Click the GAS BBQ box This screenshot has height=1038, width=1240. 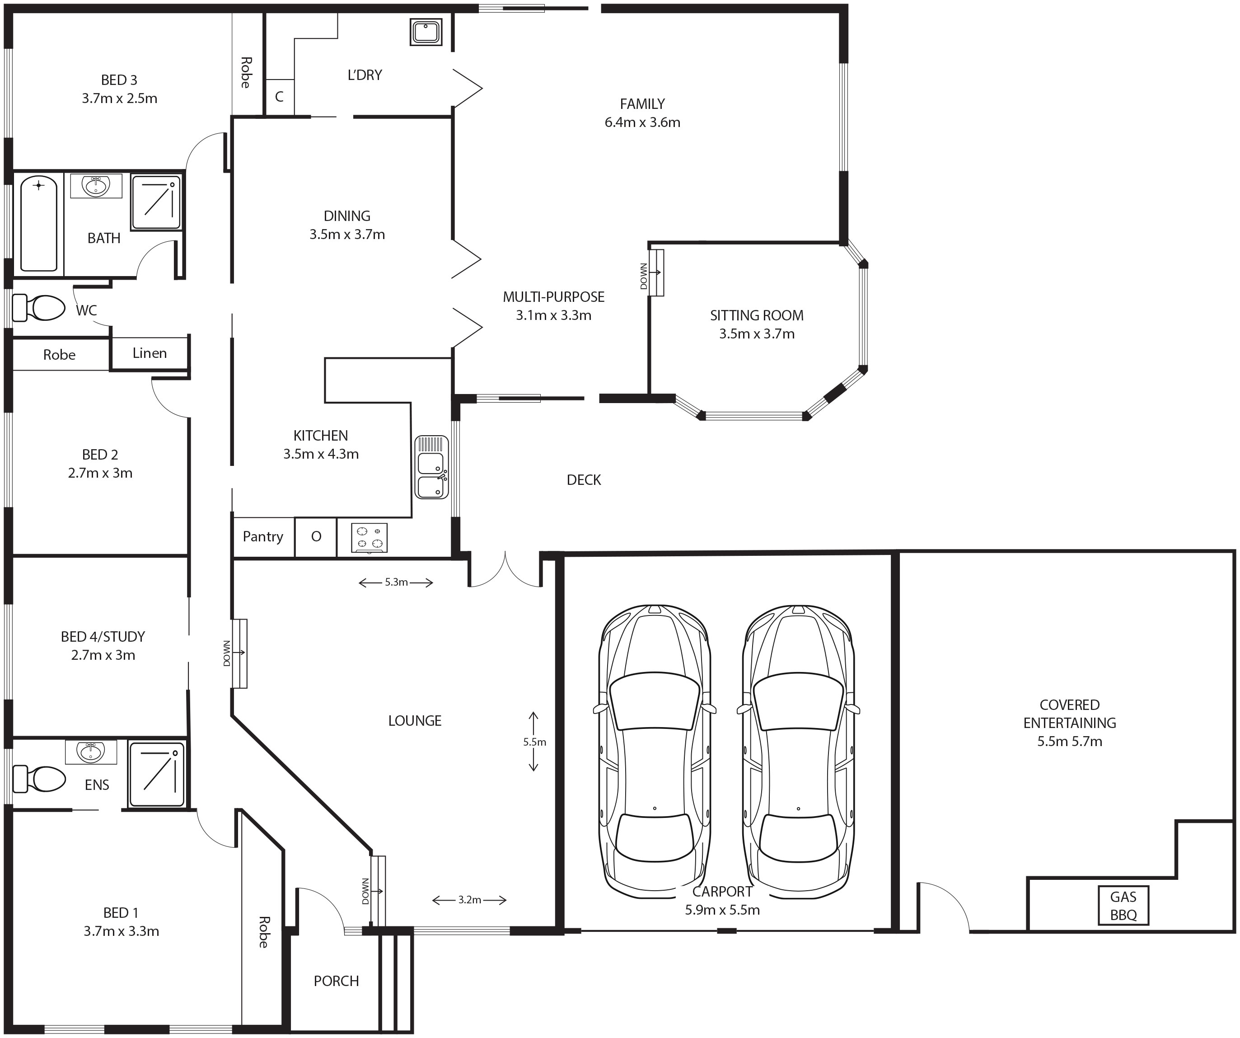pos(1123,906)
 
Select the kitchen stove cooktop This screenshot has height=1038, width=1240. pos(370,538)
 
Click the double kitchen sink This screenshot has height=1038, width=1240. pos(432,467)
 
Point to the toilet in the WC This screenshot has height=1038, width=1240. pos(38,308)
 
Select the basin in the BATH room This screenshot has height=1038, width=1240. pos(96,186)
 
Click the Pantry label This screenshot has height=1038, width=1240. pos(263,536)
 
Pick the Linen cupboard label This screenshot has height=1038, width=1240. pos(150,352)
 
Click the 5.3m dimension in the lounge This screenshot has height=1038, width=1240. pos(396,582)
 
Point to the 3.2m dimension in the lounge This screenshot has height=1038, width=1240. pos(469,900)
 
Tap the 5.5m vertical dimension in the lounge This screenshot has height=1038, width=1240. pos(534,742)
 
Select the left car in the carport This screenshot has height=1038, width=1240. pos(655,751)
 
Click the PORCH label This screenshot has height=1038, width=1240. pos(336,981)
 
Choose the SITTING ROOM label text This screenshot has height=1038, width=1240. pos(756,315)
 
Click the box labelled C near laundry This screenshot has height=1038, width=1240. pos(279,97)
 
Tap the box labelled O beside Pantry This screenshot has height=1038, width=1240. pos(316,536)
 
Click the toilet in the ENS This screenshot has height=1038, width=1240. pos(39,779)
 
